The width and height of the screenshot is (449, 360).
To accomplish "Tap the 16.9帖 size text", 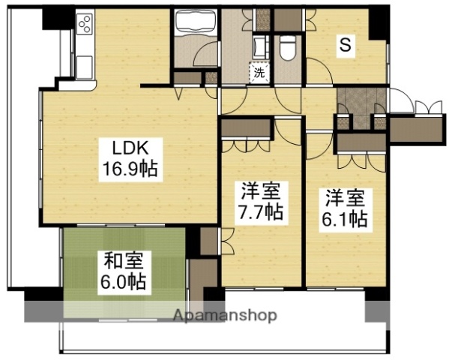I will (129, 168).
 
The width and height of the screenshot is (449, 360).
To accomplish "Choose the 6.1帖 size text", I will (346, 219).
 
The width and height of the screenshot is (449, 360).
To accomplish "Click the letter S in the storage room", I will (346, 46).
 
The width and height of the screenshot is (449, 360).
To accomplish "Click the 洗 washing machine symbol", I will (259, 73).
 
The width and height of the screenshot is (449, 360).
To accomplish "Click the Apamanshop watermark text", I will (225, 315).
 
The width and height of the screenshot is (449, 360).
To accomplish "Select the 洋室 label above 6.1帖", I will (346, 199).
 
